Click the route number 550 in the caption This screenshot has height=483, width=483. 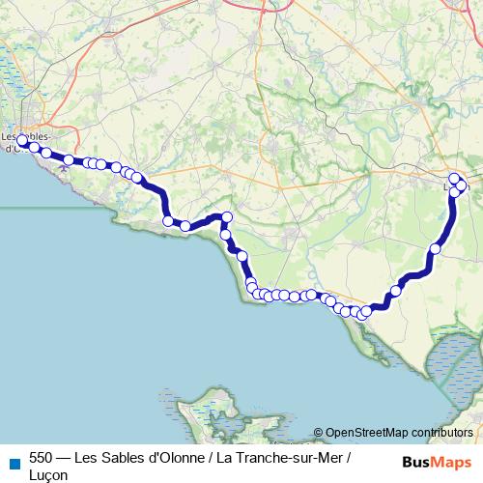point(42,457)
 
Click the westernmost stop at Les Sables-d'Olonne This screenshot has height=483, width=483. point(21,141)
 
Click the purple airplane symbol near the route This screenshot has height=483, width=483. point(64,167)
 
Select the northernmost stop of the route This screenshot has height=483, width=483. point(454,178)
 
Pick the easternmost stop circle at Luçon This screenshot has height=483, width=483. point(462,185)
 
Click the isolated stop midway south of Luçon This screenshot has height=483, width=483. point(435,248)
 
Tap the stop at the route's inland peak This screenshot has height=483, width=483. point(227,216)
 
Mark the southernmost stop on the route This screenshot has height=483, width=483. point(363,314)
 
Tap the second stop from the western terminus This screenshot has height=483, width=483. point(34,148)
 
